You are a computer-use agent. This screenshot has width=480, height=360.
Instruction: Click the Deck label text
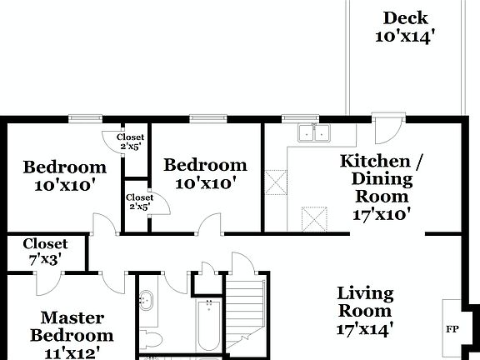[405, 17]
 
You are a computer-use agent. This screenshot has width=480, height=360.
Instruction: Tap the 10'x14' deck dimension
[405, 36]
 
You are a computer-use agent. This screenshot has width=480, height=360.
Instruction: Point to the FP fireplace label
[452, 327]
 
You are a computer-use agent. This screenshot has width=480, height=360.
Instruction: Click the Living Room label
[364, 302]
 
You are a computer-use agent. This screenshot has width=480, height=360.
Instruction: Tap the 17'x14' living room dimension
[364, 328]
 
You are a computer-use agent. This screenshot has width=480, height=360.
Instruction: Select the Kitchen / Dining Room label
[374, 178]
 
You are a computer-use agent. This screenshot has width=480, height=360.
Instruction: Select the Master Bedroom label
[72, 327]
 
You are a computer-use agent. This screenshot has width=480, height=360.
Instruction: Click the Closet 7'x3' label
[45, 252]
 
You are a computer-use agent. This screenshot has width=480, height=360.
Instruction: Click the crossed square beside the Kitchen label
[277, 182]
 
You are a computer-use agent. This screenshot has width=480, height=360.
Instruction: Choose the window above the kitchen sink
[294, 118]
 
